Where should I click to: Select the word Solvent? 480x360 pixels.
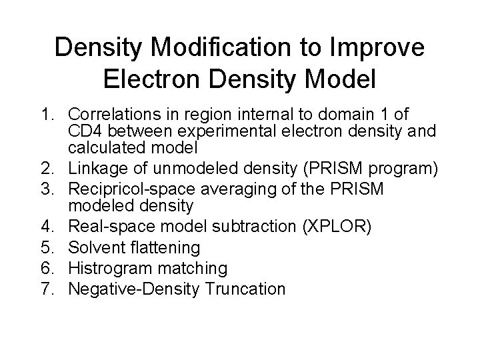[96, 247]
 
